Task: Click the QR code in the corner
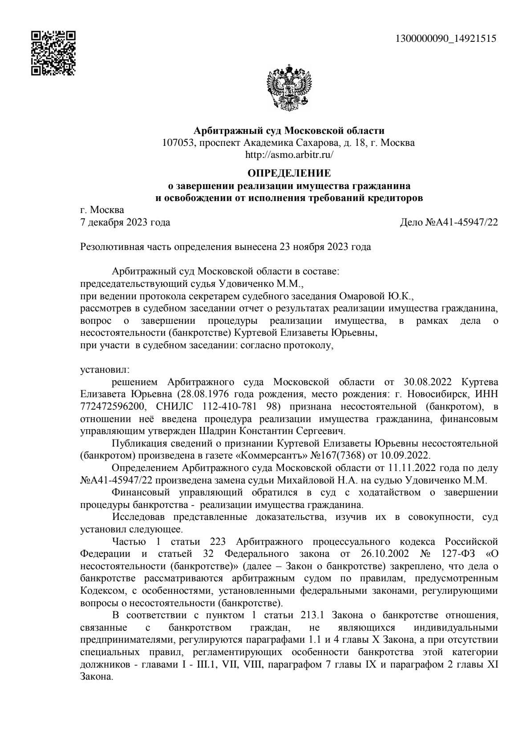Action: coord(53,53)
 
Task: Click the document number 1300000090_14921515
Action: coord(446,39)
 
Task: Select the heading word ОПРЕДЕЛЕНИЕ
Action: coord(289,173)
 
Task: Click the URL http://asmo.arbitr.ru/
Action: coord(289,155)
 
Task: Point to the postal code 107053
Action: coord(178,143)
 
